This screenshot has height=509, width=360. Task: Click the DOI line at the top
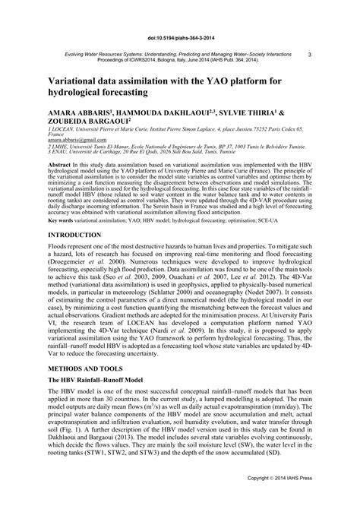[179, 35]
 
